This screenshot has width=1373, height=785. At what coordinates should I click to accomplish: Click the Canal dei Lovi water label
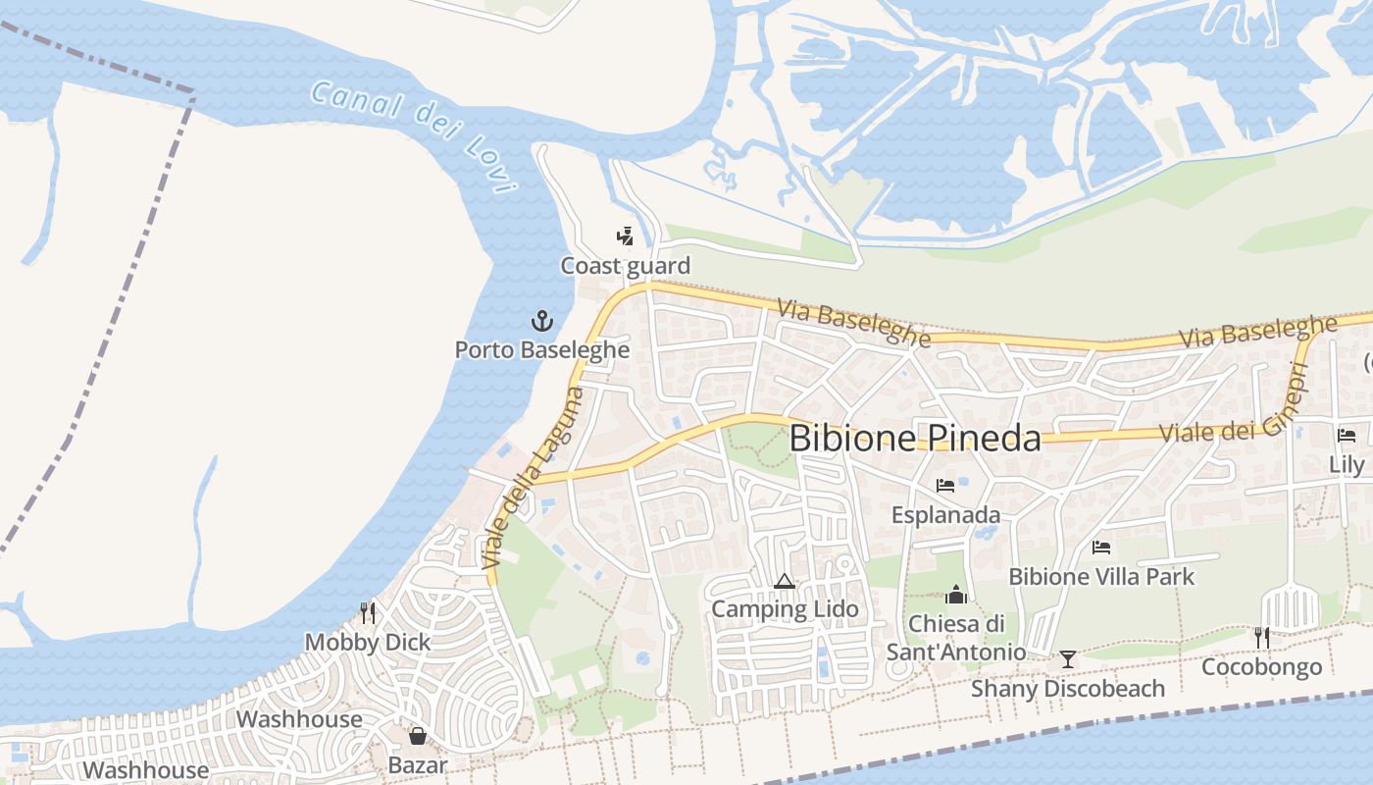pyautogui.click(x=412, y=136)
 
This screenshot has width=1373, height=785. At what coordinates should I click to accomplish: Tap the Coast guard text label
pyautogui.click(x=625, y=266)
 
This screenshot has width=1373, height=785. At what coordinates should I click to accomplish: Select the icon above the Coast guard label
pyautogui.click(x=625, y=236)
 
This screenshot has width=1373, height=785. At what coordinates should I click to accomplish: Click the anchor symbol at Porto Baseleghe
pyautogui.click(x=541, y=321)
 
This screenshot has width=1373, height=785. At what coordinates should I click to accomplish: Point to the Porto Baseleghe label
pyautogui.click(x=541, y=349)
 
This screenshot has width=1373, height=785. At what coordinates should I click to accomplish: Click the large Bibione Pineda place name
pyautogui.click(x=914, y=438)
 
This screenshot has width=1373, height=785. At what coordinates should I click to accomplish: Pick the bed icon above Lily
pyautogui.click(x=1347, y=436)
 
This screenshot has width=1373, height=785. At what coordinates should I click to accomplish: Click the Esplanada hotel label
pyautogui.click(x=945, y=515)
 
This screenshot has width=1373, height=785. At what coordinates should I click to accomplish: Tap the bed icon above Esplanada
pyautogui.click(x=945, y=486)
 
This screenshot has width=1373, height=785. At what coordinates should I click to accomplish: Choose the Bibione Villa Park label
pyautogui.click(x=1101, y=576)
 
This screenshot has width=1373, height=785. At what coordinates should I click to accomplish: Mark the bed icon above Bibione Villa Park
pyautogui.click(x=1101, y=548)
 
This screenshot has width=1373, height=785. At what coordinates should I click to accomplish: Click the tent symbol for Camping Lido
pyautogui.click(x=784, y=581)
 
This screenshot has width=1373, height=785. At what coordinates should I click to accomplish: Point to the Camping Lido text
pyautogui.click(x=784, y=609)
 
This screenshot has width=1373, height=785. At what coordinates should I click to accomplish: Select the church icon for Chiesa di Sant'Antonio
pyautogui.click(x=955, y=594)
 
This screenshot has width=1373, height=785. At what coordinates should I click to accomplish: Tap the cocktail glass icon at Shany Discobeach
pyautogui.click(x=1068, y=659)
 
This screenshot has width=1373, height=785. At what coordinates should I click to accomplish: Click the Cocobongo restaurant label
pyautogui.click(x=1261, y=667)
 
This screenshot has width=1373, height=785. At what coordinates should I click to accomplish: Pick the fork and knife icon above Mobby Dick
pyautogui.click(x=368, y=613)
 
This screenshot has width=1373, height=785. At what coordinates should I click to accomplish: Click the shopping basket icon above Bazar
pyautogui.click(x=418, y=736)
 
